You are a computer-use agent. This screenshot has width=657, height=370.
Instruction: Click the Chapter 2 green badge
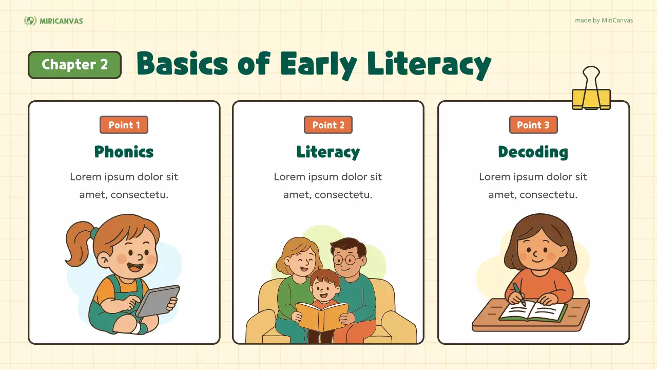coord(74,65)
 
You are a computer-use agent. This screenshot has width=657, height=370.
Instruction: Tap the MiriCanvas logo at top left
coord(53,21)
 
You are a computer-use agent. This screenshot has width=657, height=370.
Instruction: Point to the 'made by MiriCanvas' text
coord(604,21)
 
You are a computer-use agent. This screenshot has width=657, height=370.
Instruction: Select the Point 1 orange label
coord(124,125)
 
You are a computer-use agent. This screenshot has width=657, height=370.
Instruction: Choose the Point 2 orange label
coord(328,125)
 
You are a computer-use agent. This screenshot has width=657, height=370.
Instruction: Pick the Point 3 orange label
coord(533,125)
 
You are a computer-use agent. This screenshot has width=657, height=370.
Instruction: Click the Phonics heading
coord(124,152)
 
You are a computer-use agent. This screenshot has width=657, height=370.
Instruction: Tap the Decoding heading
coord(533,152)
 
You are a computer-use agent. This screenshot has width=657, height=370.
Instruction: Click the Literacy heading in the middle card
coord(328,152)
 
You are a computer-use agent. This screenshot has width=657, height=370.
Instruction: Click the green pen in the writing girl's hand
coord(518,294)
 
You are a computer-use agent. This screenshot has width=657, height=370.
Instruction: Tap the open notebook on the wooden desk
coord(534,311)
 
